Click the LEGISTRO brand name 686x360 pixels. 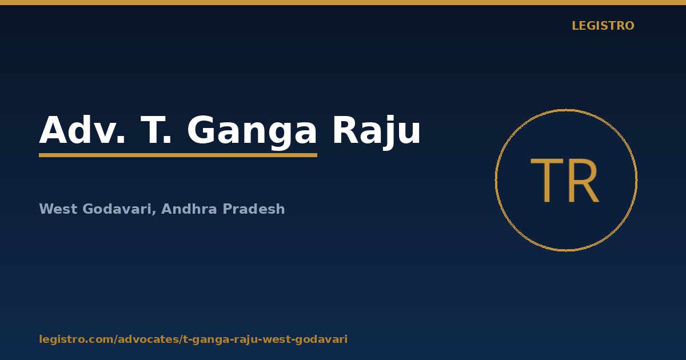[603, 26]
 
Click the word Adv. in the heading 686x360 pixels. [82, 130]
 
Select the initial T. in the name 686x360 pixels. [155, 130]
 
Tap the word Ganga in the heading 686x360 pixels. [252, 132]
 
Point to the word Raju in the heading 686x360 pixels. [377, 132]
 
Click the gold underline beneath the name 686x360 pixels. [178, 155]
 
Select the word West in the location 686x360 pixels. [58, 209]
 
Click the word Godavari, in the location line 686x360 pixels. [119, 209]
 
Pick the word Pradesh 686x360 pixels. [254, 209]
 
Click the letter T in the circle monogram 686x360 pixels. [547, 181]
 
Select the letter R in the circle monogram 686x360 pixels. [584, 181]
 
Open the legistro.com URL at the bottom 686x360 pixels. [193, 339]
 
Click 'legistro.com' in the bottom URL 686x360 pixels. [76, 339]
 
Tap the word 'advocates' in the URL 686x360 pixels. [148, 339]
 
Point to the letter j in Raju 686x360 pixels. [387, 133]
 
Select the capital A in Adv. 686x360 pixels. [53, 130]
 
